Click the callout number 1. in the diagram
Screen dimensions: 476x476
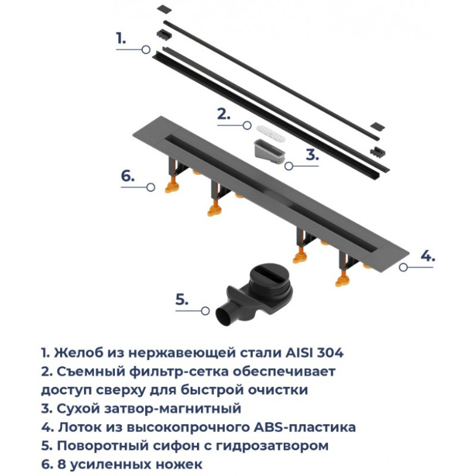(121, 38)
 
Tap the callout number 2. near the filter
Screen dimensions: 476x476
(224, 114)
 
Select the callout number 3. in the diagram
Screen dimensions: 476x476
(312, 155)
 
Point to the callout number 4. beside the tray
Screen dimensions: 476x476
(428, 256)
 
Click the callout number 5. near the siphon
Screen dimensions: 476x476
(182, 300)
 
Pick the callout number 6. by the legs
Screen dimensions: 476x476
(127, 176)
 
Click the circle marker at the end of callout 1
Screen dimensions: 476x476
(146, 49)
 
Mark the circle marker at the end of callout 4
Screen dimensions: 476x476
(403, 267)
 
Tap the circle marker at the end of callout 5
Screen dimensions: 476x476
(205, 311)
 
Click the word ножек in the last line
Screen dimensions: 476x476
(178, 465)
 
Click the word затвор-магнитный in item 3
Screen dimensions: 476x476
(173, 409)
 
